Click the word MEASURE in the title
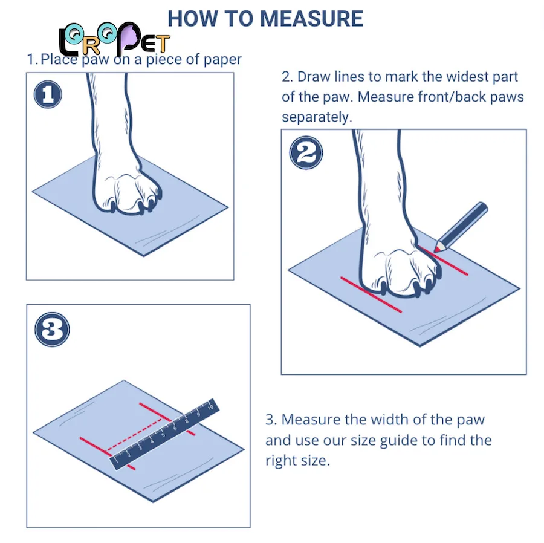[311, 19]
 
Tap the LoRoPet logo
[114, 40]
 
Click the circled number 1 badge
[48, 94]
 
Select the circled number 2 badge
[306, 152]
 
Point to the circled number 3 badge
[52, 330]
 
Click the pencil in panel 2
[461, 226]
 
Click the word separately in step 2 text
[317, 117]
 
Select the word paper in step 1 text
[222, 60]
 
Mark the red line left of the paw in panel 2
[371, 294]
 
